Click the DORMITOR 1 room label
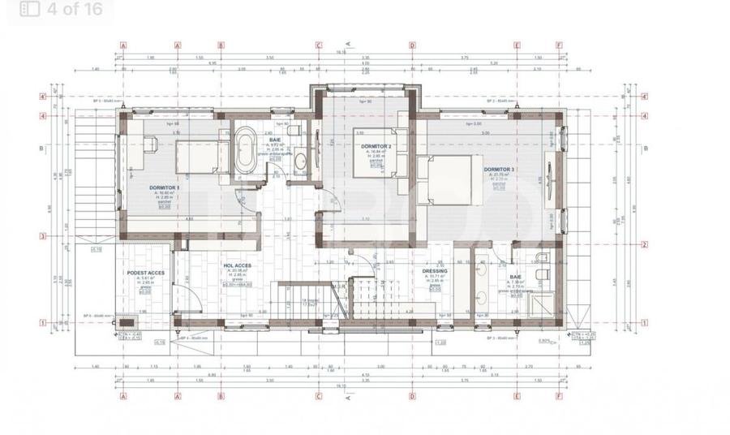click(x=165, y=187)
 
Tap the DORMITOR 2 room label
click(x=376, y=146)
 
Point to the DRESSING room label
click(x=435, y=273)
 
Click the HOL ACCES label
click(x=237, y=265)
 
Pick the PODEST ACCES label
click(x=146, y=273)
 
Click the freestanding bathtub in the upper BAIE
click(x=244, y=151)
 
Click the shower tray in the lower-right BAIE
click(x=540, y=304)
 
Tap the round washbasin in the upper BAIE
click(x=300, y=161)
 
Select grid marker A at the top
click(x=122, y=45)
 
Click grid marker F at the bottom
click(x=559, y=398)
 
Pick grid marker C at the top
click(x=319, y=45)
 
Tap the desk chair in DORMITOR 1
click(x=151, y=143)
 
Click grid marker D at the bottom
click(x=412, y=398)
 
